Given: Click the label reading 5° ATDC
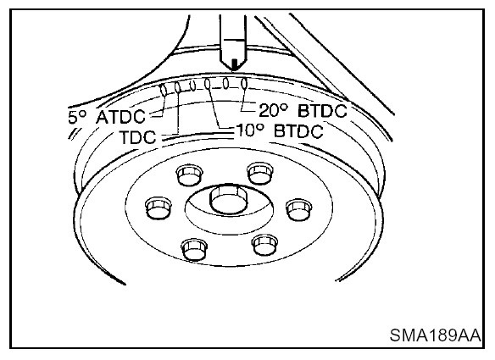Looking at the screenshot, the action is point(107,117).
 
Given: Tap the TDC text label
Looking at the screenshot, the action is point(138,137).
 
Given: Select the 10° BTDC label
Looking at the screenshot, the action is point(280,131).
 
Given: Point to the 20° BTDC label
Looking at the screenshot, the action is point(303,110).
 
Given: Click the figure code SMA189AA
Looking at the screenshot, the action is point(436,335).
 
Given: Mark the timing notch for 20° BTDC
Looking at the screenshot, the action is point(244,84).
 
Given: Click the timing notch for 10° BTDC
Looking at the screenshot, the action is point(208,84).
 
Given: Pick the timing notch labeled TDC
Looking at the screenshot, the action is point(177,88).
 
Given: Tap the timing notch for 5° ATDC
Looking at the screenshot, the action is point(164,91).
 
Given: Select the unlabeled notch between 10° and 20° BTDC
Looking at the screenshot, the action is point(225,84).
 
